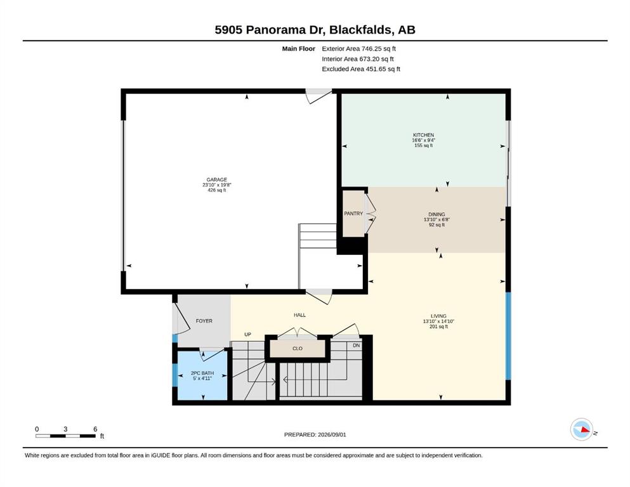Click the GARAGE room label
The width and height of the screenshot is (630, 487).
point(216,180)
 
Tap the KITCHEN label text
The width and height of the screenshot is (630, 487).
point(423,135)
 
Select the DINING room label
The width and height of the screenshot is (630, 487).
point(436,214)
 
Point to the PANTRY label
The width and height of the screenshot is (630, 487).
point(353,214)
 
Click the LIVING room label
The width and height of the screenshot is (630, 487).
point(438,316)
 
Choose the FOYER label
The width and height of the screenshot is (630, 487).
point(204,321)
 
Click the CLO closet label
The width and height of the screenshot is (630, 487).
point(298,349)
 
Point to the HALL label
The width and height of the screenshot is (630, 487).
point(299,315)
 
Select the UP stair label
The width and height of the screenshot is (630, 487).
point(248,334)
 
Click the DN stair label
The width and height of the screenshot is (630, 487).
point(357,346)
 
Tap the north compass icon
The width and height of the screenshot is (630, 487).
point(582,429)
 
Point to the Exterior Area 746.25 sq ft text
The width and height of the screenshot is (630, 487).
point(359,49)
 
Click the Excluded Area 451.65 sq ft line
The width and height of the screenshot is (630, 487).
point(361,69)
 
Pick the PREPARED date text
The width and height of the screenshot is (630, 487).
point(315,434)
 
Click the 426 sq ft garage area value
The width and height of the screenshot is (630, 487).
point(216,190)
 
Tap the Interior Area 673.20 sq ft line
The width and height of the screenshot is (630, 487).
point(358,59)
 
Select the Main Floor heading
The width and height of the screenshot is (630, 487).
point(299,49)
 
